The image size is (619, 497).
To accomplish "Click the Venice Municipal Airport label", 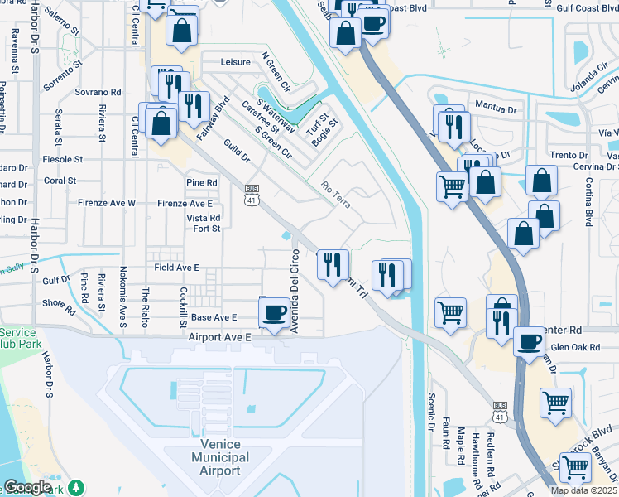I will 220,458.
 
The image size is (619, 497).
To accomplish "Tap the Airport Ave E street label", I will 219,338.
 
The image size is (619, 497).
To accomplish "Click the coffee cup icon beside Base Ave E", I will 274,312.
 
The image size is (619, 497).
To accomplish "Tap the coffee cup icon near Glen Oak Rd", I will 529,340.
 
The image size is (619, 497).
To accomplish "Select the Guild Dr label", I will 236,156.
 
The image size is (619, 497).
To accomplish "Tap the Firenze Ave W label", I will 108,203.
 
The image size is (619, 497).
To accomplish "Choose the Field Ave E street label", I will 177,268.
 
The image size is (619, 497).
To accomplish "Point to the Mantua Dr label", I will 495,106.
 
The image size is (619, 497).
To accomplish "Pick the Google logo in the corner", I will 28,487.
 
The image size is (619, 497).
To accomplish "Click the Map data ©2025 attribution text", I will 583,490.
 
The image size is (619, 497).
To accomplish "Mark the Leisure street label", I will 235,62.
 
